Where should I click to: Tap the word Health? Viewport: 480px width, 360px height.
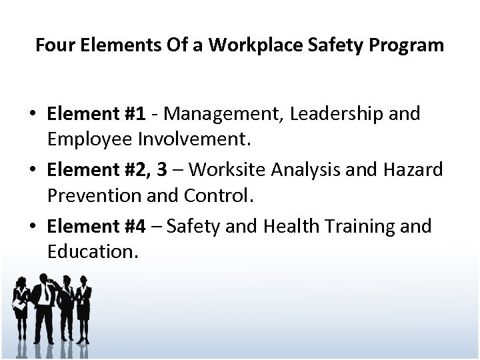[x=289, y=227]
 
